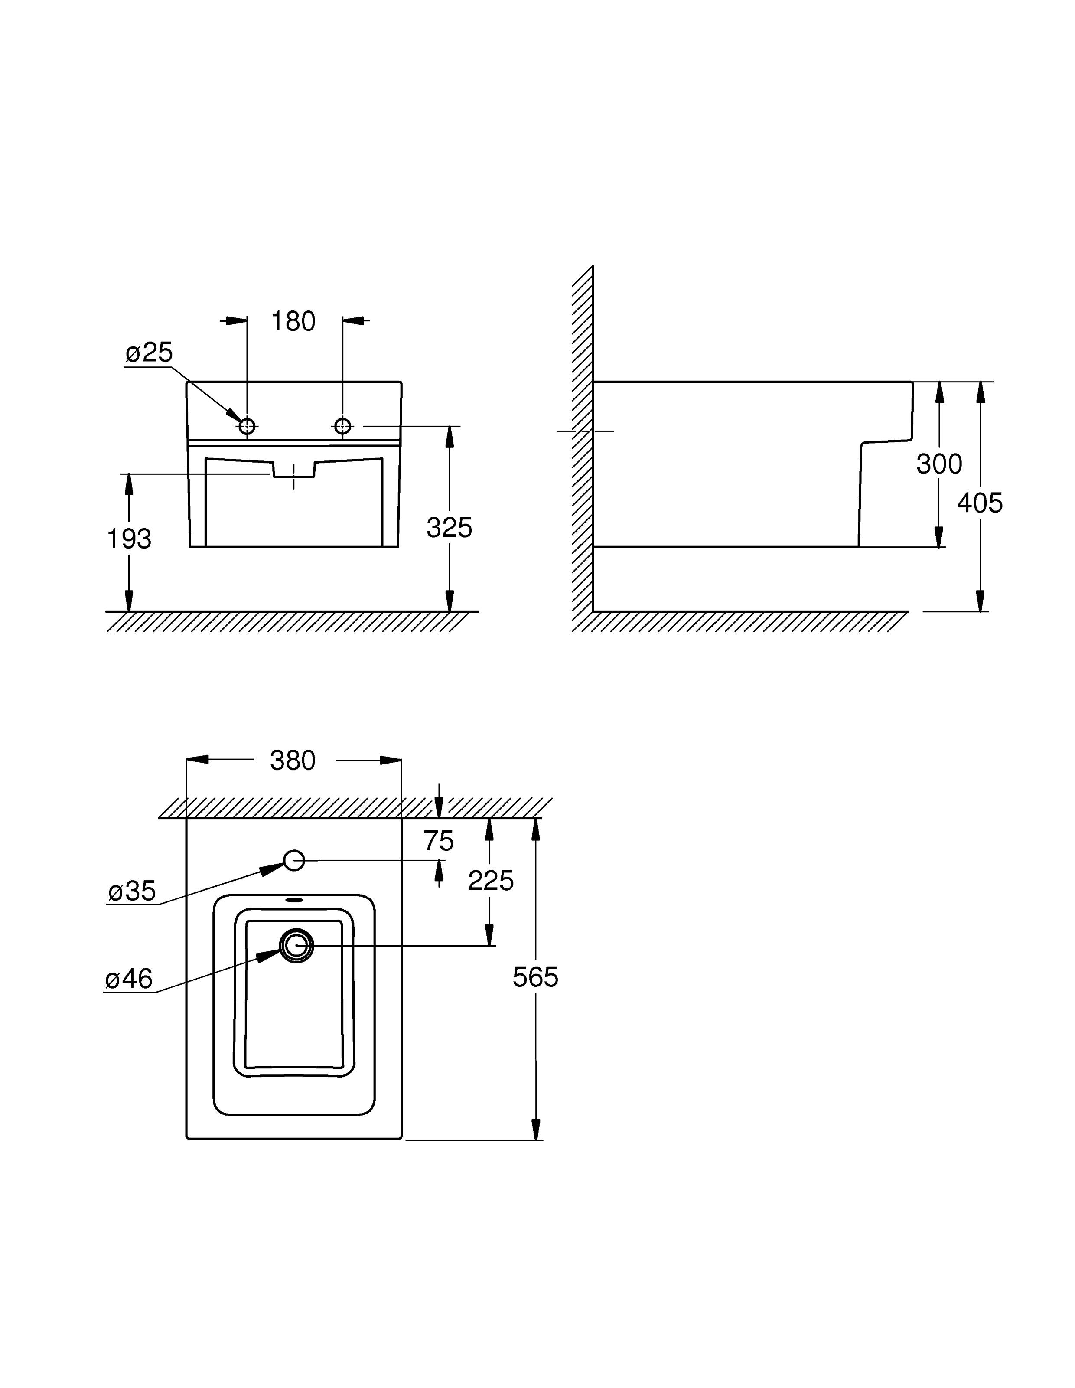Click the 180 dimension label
tap(293, 322)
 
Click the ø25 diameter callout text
tap(149, 353)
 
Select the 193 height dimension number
tap(129, 539)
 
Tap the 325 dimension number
tap(449, 527)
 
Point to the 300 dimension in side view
tap(938, 464)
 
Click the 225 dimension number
tap(491, 881)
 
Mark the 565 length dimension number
tap(535, 977)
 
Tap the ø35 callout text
tap(132, 891)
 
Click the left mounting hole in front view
tap(247, 426)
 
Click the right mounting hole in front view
tap(342, 426)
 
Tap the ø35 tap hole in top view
tap(294, 861)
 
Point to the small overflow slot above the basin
tap(294, 900)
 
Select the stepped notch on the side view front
tap(886, 441)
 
